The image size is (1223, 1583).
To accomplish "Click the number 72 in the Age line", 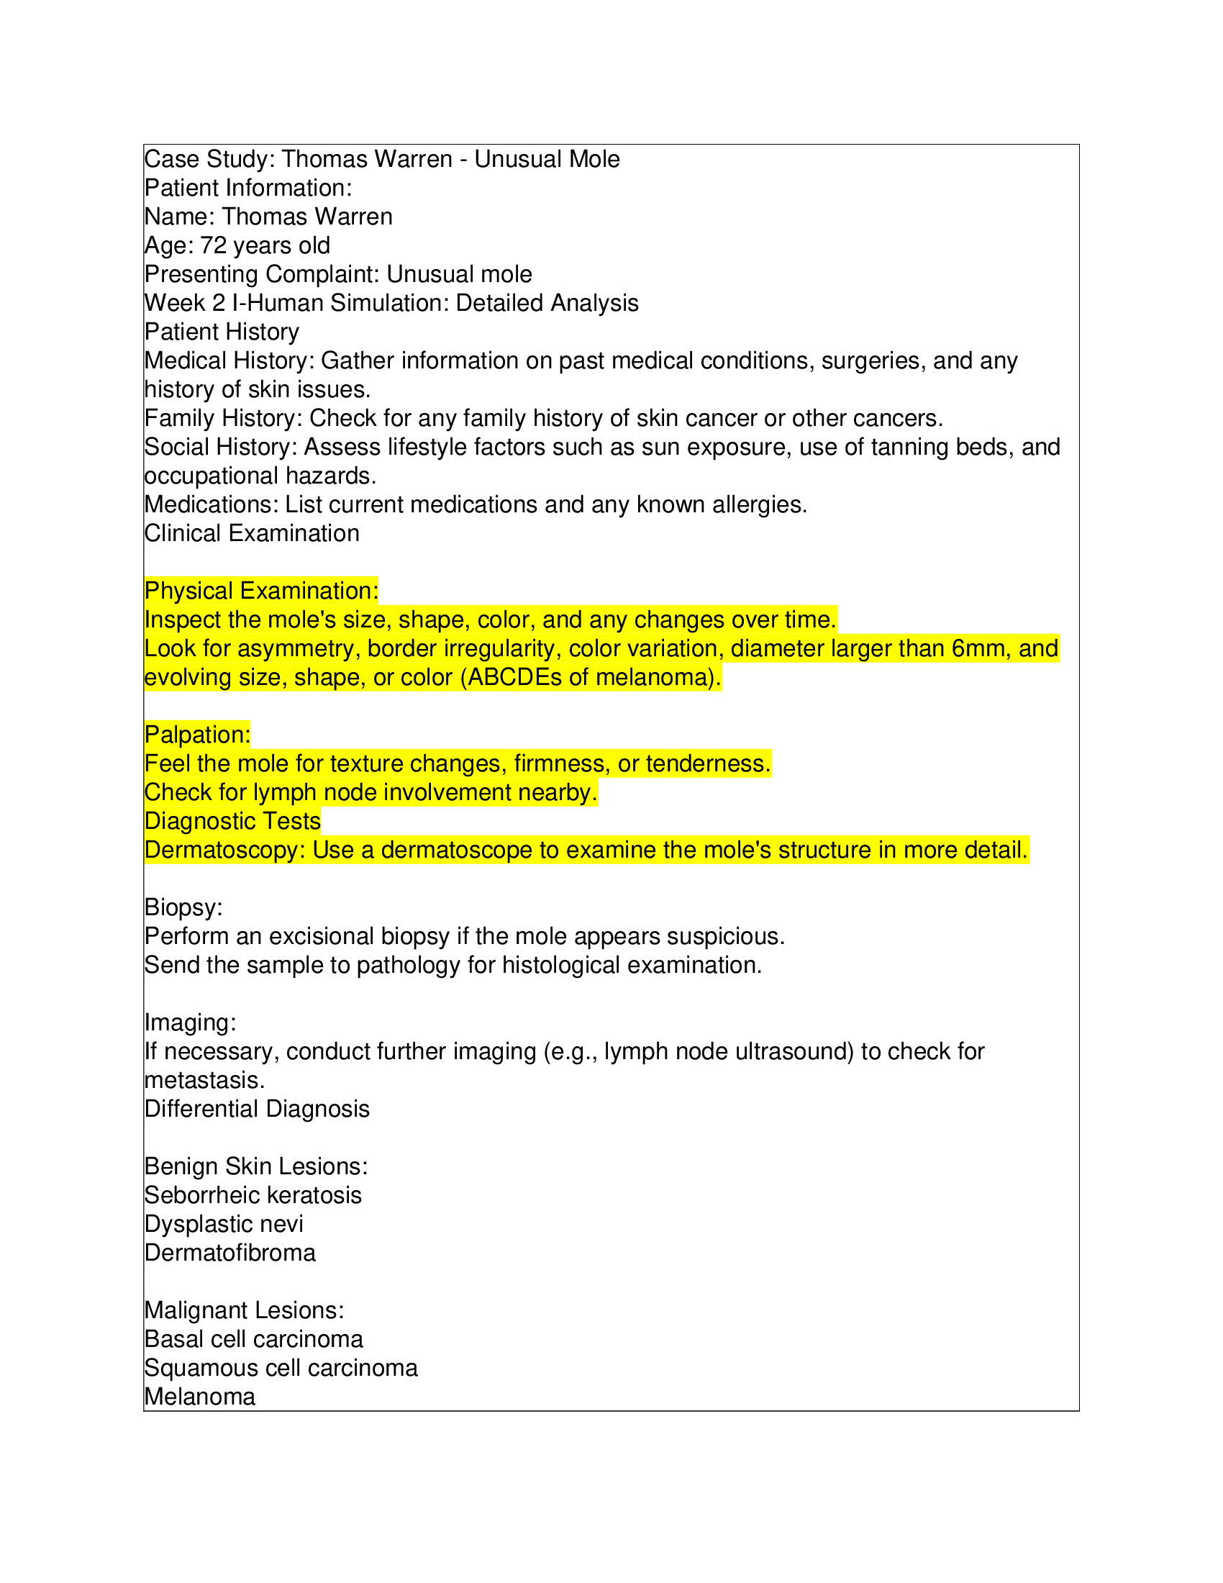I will [x=213, y=245].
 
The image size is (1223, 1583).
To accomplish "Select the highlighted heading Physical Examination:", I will [x=261, y=591].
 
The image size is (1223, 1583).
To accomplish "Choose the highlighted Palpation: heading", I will [x=197, y=734].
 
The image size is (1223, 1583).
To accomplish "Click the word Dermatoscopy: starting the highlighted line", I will [x=224, y=850].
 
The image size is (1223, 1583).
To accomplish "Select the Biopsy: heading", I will [x=183, y=907].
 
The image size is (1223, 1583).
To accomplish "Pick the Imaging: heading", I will [x=190, y=1022].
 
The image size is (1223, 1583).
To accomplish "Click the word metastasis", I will [x=204, y=1081].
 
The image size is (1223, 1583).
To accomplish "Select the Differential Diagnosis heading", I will [x=257, y=1109].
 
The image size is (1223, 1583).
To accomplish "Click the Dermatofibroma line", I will [x=229, y=1253].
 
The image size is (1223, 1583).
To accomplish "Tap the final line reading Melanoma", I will [x=199, y=1397].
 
